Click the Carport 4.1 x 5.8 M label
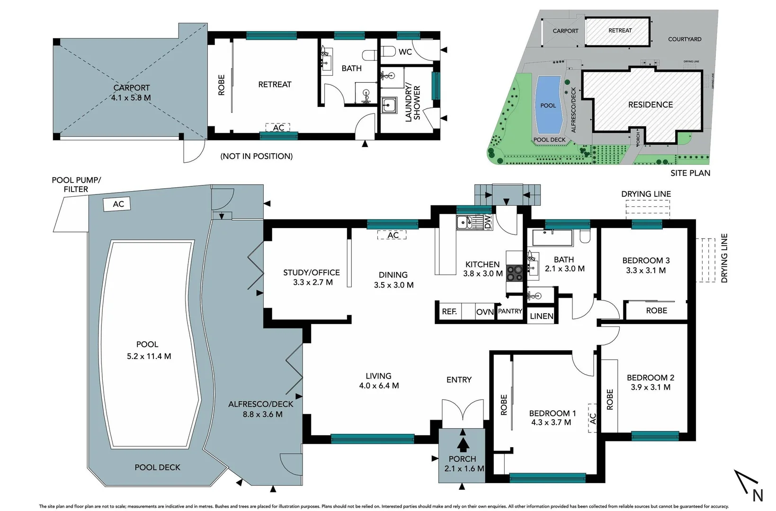click(131, 93)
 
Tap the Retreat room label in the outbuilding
click(275, 84)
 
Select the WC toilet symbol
click(389, 51)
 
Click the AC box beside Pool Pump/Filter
click(118, 204)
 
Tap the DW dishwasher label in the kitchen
click(488, 222)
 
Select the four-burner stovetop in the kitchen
click(514, 273)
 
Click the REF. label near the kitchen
click(449, 311)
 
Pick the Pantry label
click(510, 311)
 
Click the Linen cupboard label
click(541, 316)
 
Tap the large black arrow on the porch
click(463, 444)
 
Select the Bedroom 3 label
click(646, 260)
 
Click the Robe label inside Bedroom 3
click(656, 310)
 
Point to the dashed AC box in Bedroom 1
click(592, 418)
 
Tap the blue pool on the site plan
click(548, 105)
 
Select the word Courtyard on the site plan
click(685, 39)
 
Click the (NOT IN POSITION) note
click(256, 156)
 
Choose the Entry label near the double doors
click(459, 379)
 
